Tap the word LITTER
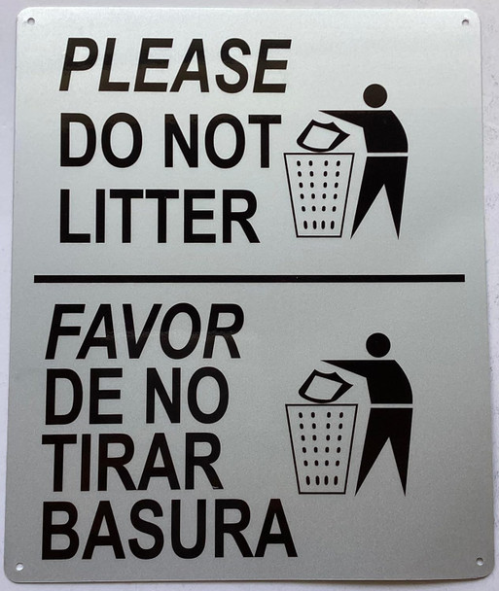[159, 216]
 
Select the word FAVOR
[144, 331]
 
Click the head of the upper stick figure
[374, 95]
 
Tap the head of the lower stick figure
[377, 344]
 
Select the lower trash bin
[321, 447]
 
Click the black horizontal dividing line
[249, 279]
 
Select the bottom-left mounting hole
[18, 566]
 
